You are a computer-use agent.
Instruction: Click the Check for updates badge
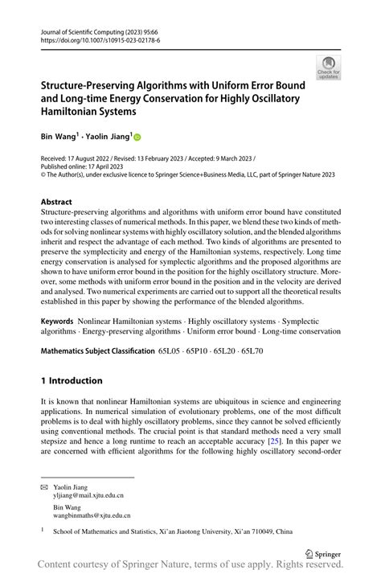(327, 68)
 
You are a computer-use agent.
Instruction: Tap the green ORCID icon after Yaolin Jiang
(137, 138)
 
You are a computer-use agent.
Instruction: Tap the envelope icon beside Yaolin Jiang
(44, 488)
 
